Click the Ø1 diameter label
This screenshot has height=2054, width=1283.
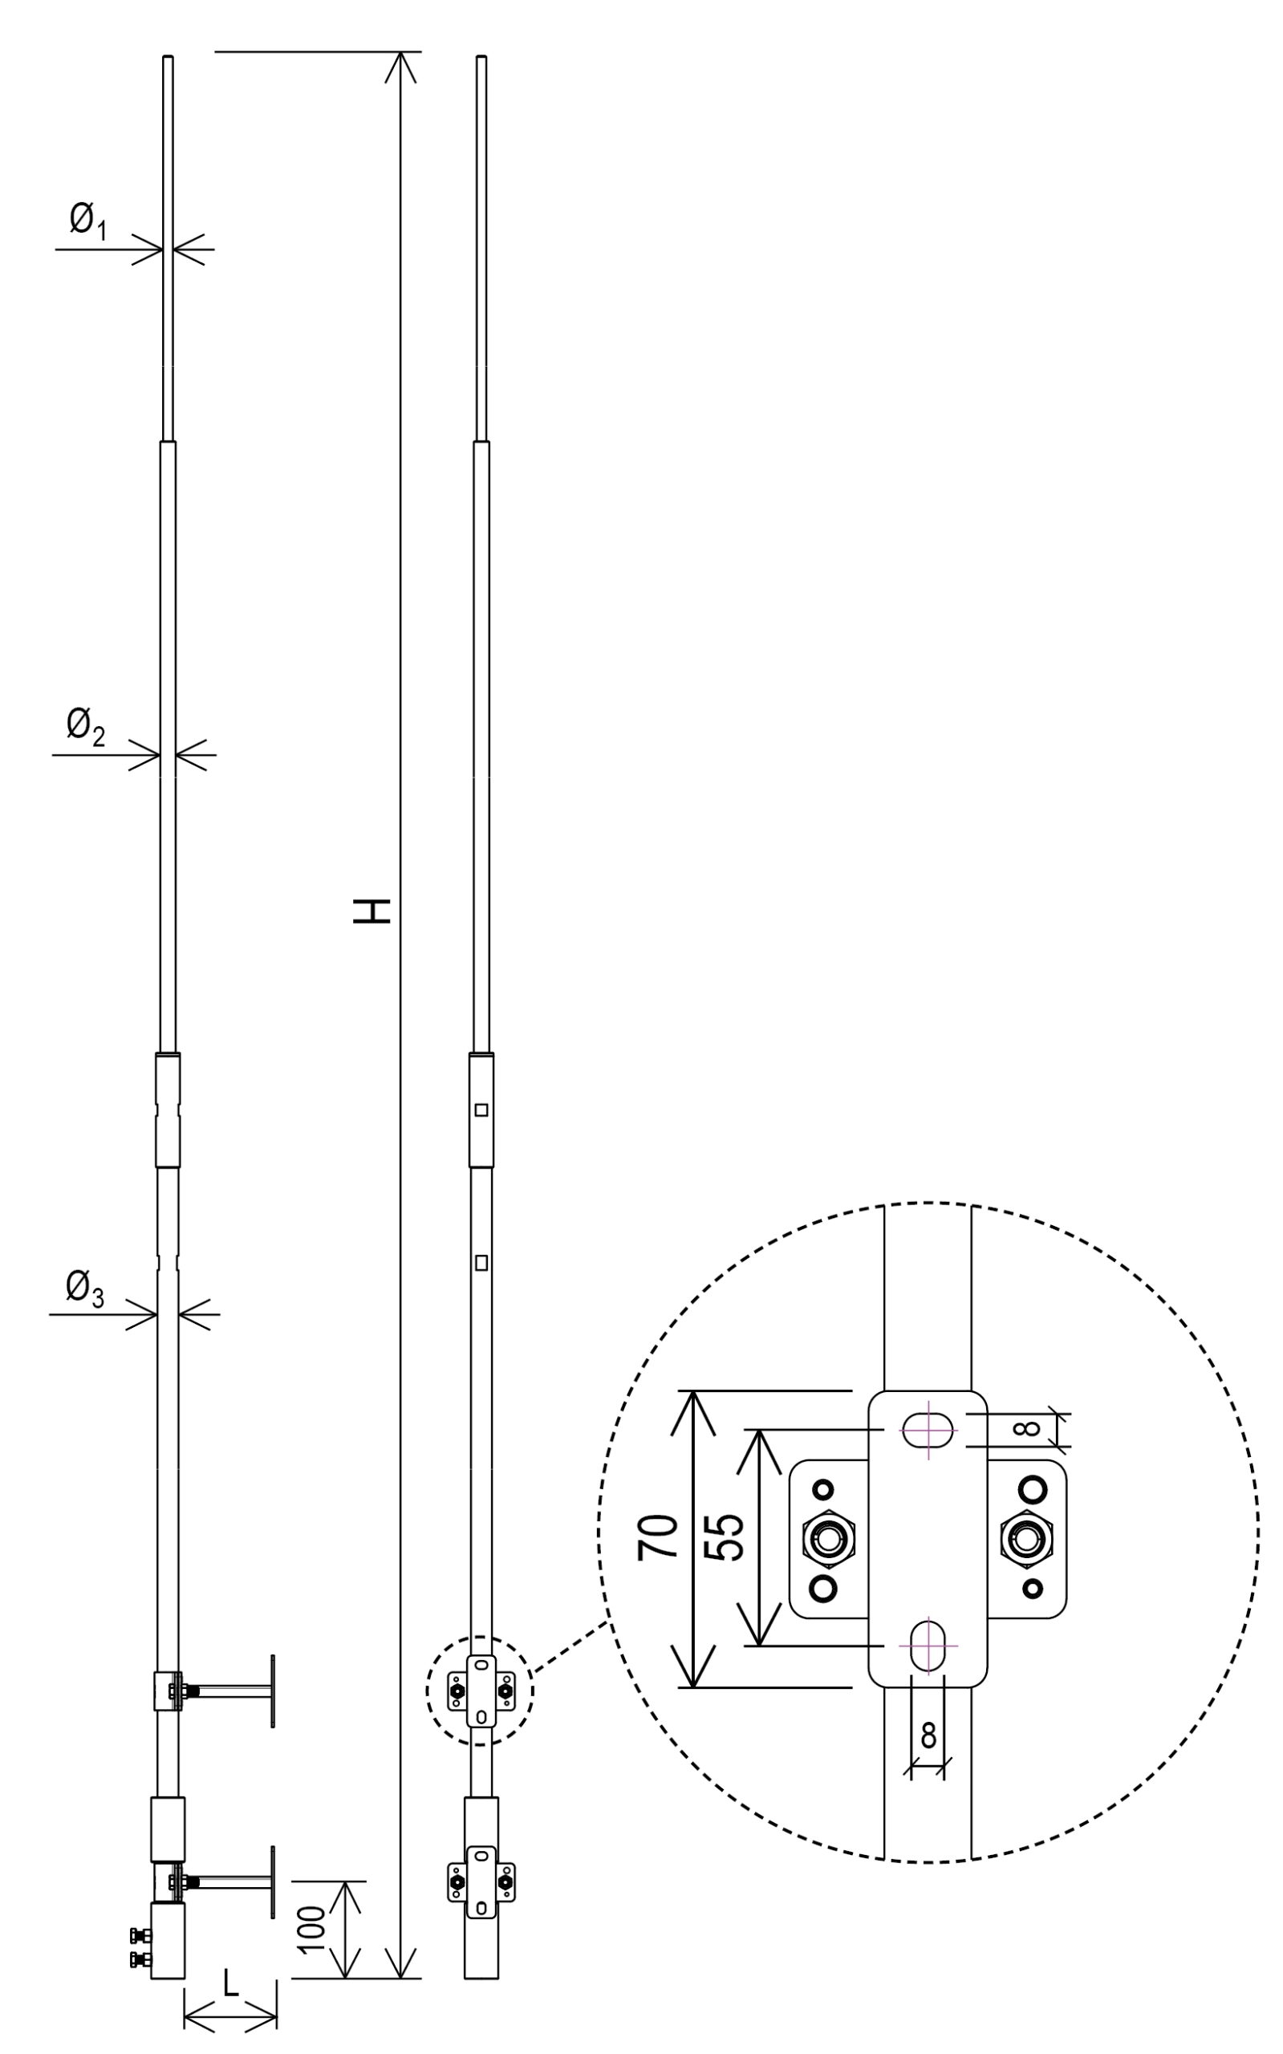[x=88, y=223]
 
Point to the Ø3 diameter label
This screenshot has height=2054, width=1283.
[x=85, y=1289]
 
